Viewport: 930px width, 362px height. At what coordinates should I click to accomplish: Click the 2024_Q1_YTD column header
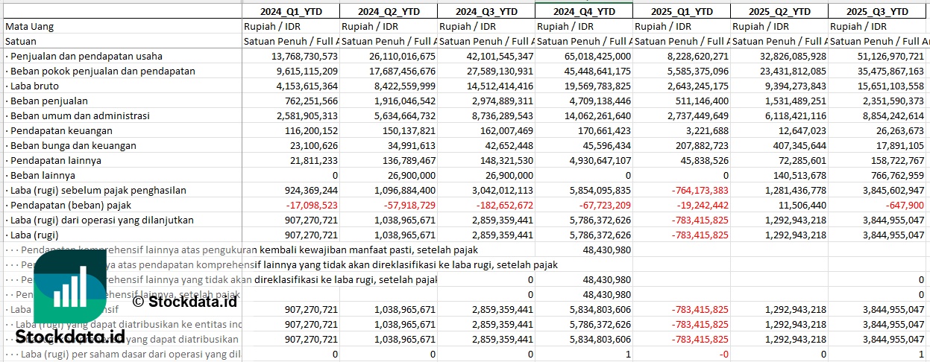(x=291, y=11)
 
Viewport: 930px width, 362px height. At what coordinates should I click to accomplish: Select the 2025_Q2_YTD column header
(x=779, y=11)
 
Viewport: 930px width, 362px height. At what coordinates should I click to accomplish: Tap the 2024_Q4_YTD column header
(x=583, y=11)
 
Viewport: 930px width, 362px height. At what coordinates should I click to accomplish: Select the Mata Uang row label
(x=29, y=26)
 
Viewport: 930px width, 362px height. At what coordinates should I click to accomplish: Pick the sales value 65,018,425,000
(x=589, y=56)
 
